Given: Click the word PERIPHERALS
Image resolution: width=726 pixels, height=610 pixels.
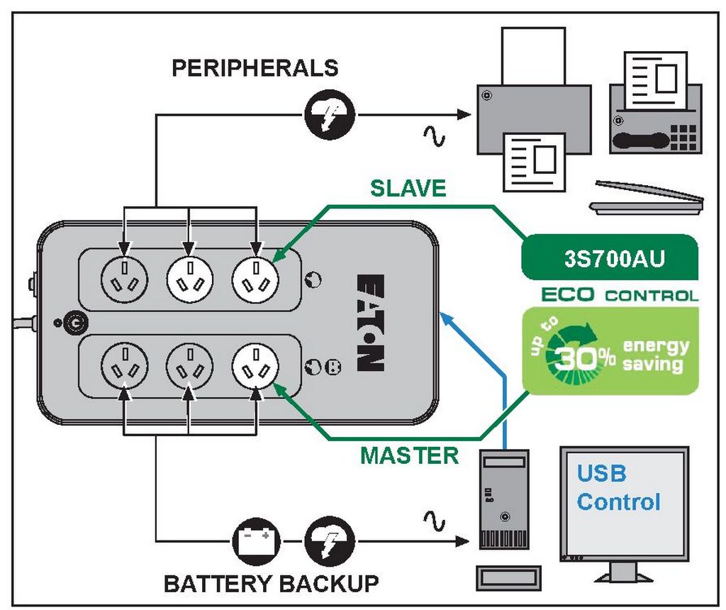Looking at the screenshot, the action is point(255,67).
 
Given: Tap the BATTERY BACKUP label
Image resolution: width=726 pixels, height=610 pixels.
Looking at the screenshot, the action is point(272,584).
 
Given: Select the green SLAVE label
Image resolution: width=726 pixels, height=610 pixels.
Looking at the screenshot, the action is point(408,189).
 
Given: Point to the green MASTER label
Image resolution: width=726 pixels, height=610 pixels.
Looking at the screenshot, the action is point(409,456).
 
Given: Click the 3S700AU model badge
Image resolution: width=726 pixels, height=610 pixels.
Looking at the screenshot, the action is point(610,257).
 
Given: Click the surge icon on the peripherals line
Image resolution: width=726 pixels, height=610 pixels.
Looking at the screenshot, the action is point(330,114).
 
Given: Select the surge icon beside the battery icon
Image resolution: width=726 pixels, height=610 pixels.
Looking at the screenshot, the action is point(330,541).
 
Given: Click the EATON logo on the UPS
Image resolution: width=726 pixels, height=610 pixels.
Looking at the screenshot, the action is point(371,323).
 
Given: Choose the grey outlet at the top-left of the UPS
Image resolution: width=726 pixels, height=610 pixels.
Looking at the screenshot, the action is point(124,279).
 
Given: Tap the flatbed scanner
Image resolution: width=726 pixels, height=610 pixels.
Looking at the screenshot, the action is point(647,198).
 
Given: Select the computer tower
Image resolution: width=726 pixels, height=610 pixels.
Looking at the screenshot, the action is point(504,499).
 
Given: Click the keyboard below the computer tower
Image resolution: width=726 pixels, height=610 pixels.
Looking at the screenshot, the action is point(509,579).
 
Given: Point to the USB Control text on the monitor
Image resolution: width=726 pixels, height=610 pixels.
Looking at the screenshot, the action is point(618,488).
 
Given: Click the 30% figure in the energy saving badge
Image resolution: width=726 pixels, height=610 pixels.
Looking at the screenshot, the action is point(585,357).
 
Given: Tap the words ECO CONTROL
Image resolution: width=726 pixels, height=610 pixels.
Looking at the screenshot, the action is point(620,294).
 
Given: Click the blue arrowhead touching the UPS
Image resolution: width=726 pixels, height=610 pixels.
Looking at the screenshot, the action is point(446,318).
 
